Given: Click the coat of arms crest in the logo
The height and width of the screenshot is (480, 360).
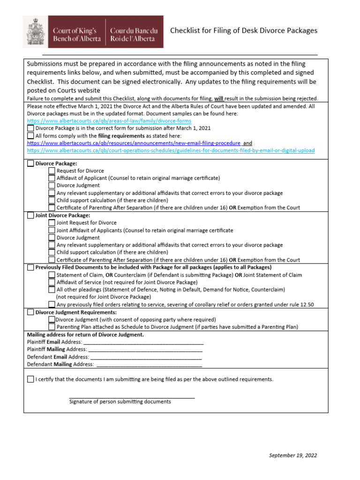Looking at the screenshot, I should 36,31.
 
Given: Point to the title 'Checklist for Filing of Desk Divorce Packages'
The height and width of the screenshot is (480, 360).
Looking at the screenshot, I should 243,30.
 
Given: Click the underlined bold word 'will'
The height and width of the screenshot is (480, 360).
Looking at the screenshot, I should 219,98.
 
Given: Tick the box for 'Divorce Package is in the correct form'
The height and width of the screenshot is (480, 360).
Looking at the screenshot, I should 30,128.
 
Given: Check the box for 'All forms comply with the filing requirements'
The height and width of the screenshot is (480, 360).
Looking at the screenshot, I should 30,135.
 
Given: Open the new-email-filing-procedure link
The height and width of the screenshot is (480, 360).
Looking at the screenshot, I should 134,143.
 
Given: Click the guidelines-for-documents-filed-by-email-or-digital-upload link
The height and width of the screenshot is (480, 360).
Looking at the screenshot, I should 171,150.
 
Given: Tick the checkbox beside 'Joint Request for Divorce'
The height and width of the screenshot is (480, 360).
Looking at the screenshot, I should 52,223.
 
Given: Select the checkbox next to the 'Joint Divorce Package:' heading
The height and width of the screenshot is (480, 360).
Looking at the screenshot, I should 30,216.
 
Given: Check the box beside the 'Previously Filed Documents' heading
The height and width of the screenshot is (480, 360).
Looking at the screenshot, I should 30,268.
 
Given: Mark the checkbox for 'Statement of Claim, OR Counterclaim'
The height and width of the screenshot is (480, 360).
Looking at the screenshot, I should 52,275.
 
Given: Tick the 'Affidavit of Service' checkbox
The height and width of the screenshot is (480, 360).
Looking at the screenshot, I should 52,282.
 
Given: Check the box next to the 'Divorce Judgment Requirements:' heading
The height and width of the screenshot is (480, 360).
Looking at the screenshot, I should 30,312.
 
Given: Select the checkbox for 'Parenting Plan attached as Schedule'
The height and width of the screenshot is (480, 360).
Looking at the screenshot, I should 52,327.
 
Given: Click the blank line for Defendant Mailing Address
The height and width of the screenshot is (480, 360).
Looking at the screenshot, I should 149,364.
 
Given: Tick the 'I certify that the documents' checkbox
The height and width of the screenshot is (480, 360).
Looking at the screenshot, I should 30,379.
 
